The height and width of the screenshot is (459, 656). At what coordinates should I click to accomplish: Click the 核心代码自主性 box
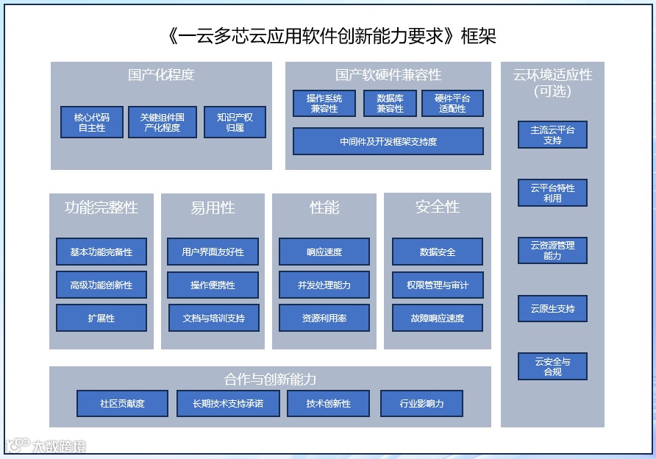pyautogui.click(x=92, y=122)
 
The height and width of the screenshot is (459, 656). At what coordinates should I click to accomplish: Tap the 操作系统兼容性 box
pyautogui.click(x=324, y=103)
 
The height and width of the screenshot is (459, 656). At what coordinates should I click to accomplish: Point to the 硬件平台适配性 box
pyautogui.click(x=452, y=103)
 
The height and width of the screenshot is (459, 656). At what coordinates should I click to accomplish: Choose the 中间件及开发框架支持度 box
pyautogui.click(x=388, y=141)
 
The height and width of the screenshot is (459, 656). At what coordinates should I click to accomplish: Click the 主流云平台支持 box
pyautogui.click(x=552, y=135)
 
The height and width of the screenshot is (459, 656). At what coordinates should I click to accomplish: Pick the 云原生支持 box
pyautogui.click(x=552, y=309)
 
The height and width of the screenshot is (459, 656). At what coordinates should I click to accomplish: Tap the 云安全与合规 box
pyautogui.click(x=552, y=366)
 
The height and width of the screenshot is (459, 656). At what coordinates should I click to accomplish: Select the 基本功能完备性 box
pyautogui.click(x=101, y=252)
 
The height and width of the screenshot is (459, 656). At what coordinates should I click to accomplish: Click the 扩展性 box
pyautogui.click(x=101, y=318)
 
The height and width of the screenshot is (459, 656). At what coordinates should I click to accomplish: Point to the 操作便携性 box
pyautogui.click(x=213, y=285)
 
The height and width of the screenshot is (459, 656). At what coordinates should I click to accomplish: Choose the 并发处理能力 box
pyautogui.click(x=324, y=285)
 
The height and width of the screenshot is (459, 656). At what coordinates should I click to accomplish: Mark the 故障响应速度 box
pyautogui.click(x=438, y=318)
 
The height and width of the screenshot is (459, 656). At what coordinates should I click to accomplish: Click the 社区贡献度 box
pyautogui.click(x=122, y=403)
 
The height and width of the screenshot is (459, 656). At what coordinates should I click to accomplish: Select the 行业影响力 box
pyautogui.click(x=422, y=403)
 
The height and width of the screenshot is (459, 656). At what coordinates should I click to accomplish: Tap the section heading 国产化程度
pyautogui.click(x=161, y=75)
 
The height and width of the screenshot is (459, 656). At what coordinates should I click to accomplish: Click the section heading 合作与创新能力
pyautogui.click(x=270, y=380)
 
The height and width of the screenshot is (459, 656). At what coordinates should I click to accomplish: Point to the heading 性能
pyautogui.click(x=324, y=207)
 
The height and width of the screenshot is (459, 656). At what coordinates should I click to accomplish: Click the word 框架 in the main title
pyautogui.click(x=483, y=36)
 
